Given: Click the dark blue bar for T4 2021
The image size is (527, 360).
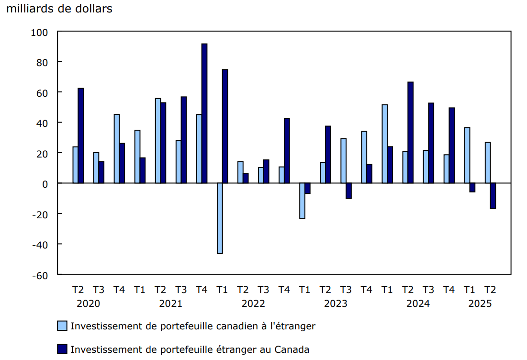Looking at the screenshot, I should tap(204, 113).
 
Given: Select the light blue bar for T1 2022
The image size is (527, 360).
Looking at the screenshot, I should tap(220, 218).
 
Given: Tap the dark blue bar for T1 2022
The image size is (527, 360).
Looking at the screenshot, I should tap(225, 126).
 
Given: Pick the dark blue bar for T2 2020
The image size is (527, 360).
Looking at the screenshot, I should tap(80, 135).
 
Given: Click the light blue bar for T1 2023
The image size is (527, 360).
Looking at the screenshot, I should tap(302, 201).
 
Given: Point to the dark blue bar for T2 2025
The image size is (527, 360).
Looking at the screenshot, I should tap(493, 196).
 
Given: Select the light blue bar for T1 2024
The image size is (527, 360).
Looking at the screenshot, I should tap(384, 144).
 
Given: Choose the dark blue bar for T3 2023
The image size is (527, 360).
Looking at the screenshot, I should tap(348, 191).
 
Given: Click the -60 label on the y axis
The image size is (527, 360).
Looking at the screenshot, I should tap(40, 275).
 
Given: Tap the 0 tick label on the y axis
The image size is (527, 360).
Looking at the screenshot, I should tap(45, 183).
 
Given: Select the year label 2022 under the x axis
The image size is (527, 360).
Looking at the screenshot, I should tap(253, 304).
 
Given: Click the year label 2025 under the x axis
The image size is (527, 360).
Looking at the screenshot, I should tap(480, 304).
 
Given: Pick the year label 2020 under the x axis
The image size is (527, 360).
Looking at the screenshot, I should tap(89, 304).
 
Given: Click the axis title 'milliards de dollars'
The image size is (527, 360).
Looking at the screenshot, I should tap(59, 9).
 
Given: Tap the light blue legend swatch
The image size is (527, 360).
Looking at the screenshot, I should tap(62, 326).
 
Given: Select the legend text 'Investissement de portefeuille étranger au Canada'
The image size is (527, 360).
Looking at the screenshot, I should tap(190, 349).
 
